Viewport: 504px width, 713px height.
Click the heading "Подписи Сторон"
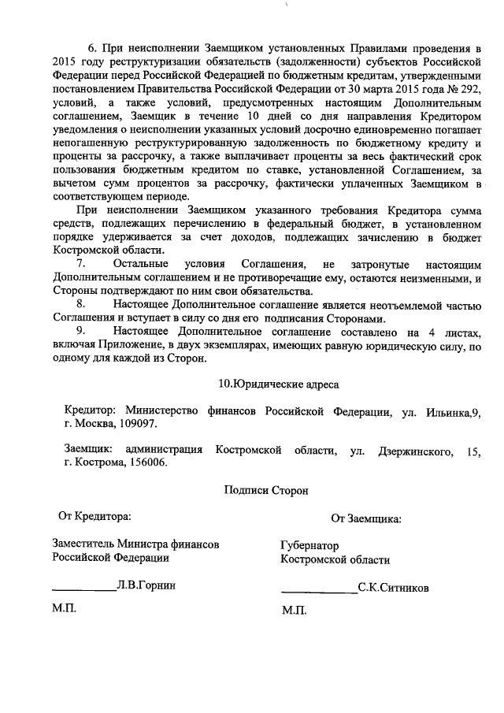click(x=265, y=490)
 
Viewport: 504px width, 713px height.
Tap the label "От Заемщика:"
click(x=366, y=518)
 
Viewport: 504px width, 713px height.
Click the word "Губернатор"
click(x=309, y=545)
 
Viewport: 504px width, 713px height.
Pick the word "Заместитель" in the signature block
click(x=83, y=544)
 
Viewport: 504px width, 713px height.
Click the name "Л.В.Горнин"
click(x=145, y=586)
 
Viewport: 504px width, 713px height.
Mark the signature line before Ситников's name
click(x=318, y=591)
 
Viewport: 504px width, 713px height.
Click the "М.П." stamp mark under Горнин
click(x=65, y=609)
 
